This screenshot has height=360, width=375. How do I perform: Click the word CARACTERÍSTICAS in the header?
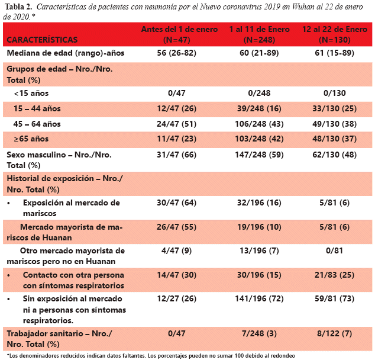[x=42, y=40]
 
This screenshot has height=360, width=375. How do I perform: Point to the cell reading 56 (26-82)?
[x=176, y=53]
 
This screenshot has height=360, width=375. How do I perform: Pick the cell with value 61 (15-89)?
[x=335, y=53]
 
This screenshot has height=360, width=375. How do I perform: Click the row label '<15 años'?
[x=31, y=93]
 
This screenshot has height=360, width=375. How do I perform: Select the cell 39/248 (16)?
[x=259, y=109]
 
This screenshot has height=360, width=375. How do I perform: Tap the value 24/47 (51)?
[x=176, y=124]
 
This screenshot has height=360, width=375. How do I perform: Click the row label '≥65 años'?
[x=31, y=139]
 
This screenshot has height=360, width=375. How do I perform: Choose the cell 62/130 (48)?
[x=335, y=155]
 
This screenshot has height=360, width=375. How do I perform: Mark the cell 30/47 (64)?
[x=176, y=202]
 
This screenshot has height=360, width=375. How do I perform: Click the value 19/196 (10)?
[x=259, y=227]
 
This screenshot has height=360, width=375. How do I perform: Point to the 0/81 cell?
[x=335, y=250]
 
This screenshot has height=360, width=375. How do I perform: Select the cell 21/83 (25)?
[x=335, y=275]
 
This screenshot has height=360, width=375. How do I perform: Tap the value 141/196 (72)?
[x=259, y=299]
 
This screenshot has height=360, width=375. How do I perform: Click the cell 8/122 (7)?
[x=335, y=333]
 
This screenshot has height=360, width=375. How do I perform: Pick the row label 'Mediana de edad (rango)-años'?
[x=66, y=53]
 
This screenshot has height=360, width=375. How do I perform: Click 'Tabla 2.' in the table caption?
[x=18, y=7]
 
